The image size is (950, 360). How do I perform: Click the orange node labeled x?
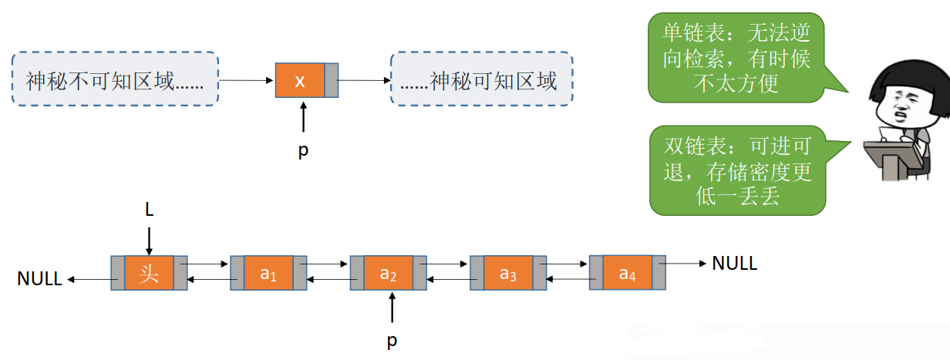pos(300,80)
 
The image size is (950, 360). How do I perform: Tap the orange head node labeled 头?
pos(149,274)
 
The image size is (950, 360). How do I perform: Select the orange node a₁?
pos(268,274)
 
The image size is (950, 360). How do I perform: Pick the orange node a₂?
pos(388,274)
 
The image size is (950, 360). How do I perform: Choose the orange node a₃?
pos(507,274)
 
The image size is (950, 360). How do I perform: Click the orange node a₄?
pos(627,272)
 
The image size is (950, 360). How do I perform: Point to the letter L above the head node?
pos(149,209)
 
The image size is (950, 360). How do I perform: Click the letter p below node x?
pos(303,150)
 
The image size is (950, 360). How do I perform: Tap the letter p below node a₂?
pos(392,340)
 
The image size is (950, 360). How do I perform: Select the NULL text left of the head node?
pos(39,279)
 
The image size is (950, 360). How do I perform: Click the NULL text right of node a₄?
pos(734,264)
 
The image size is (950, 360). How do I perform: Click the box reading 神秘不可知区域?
pos(115,79)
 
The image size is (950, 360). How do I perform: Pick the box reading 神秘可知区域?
pos(482,79)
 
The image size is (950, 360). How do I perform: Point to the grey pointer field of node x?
pos(332,80)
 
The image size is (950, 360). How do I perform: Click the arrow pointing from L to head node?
pos(149,239)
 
